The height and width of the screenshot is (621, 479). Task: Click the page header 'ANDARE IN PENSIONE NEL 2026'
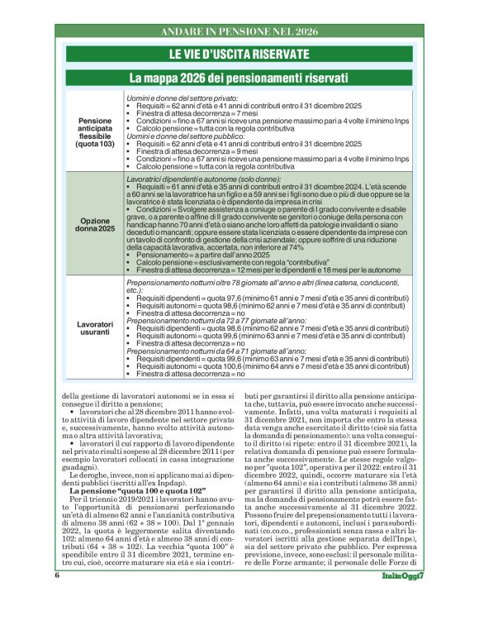click(239, 31)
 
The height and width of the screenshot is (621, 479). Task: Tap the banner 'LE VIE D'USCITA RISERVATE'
click(239, 55)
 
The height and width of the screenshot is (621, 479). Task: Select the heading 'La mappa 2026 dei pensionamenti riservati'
click(239, 78)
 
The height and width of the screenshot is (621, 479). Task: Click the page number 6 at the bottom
click(58, 597)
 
